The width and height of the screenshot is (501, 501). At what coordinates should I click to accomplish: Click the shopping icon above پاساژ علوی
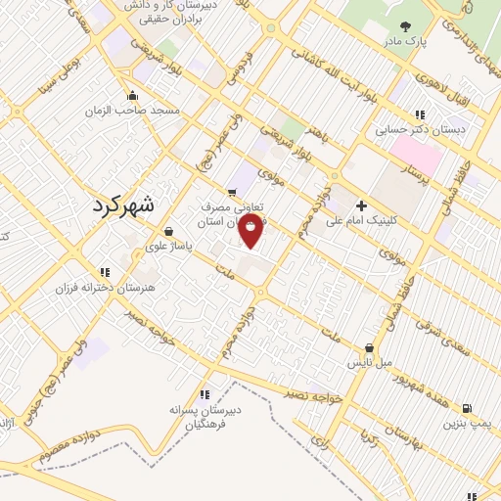(x=169, y=232)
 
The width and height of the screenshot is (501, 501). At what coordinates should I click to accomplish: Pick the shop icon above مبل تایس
(x=369, y=347)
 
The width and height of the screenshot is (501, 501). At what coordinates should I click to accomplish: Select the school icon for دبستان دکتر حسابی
(x=420, y=114)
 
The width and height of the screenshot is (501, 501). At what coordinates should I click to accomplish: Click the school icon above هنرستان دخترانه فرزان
(x=104, y=273)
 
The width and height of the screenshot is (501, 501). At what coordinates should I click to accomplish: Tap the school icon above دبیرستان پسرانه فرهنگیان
(x=204, y=393)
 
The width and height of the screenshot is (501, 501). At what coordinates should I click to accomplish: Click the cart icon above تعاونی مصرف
(x=232, y=192)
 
